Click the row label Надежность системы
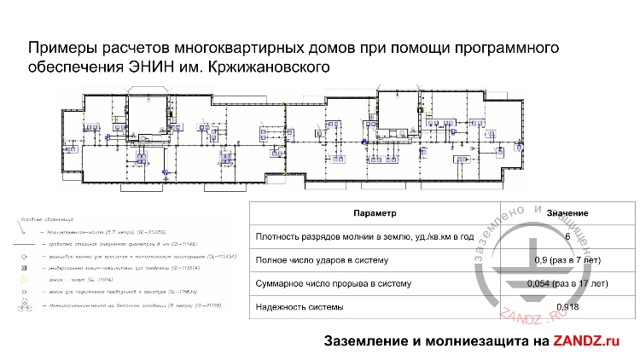pyautogui.click(x=297, y=306)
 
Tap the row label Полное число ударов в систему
pyautogui.click(x=322, y=260)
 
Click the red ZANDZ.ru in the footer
pyautogui.click(x=585, y=341)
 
